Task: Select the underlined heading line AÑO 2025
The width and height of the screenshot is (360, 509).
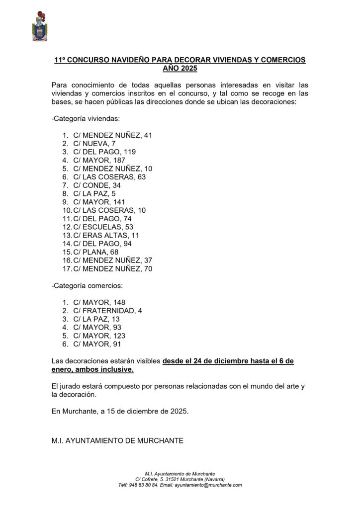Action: (x=180, y=68)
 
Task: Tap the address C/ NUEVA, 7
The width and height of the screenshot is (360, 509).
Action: (x=94, y=143)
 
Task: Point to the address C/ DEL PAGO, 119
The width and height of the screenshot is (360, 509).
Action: (x=104, y=152)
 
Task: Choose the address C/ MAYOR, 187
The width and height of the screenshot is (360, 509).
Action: (x=99, y=160)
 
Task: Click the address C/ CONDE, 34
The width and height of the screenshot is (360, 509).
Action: (x=97, y=185)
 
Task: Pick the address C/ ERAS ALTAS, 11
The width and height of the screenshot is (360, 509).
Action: (x=106, y=236)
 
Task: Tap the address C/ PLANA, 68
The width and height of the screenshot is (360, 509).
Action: (x=97, y=253)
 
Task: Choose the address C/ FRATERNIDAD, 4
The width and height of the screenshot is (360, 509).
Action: (x=107, y=311)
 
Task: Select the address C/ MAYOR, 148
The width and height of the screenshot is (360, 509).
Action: (x=99, y=302)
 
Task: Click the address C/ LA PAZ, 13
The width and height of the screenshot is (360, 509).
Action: (x=96, y=319)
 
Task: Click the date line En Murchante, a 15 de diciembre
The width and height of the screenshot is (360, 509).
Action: (x=120, y=412)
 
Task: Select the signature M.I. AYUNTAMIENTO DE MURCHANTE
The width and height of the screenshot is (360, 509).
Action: (x=117, y=440)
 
